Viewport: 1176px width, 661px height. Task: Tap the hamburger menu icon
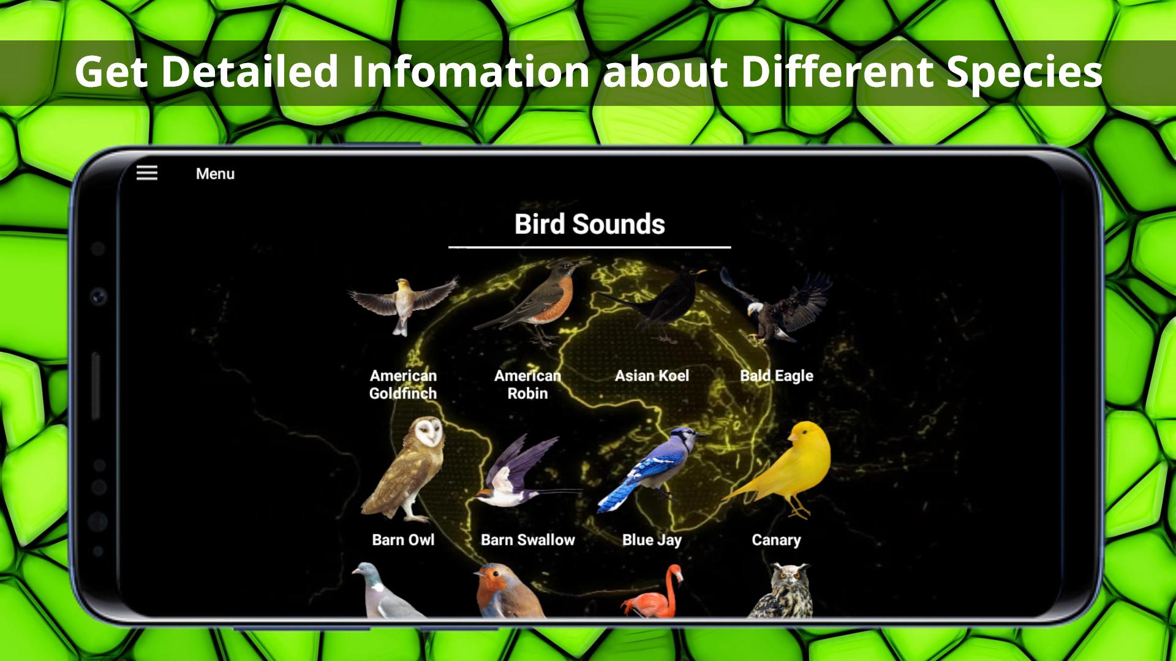[x=147, y=173]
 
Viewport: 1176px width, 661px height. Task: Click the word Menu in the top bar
[x=215, y=174]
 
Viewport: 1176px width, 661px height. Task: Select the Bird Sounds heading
[x=589, y=224]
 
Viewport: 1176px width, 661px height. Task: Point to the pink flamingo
[x=653, y=591]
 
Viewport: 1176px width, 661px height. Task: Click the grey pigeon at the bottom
[x=386, y=591]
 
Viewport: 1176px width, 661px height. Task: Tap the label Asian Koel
[x=652, y=376]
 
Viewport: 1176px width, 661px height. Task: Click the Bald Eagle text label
[x=777, y=376]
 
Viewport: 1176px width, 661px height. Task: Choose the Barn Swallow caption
[x=528, y=540]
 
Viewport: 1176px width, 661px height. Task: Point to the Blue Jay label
[x=652, y=540]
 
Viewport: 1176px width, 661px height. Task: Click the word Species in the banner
[x=1024, y=72]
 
